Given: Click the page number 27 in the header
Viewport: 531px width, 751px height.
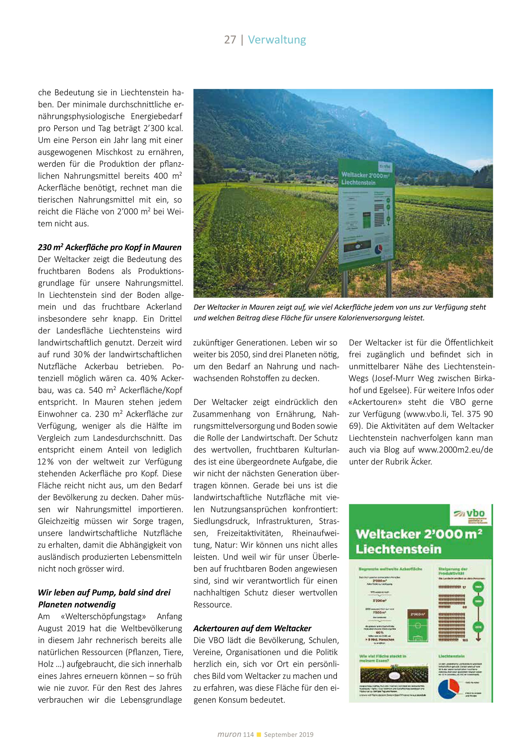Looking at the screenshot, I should (230, 40).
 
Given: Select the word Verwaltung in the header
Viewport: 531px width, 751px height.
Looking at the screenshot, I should (277, 40).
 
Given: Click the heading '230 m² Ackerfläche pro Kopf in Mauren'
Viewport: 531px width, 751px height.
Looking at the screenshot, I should (110, 247).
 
